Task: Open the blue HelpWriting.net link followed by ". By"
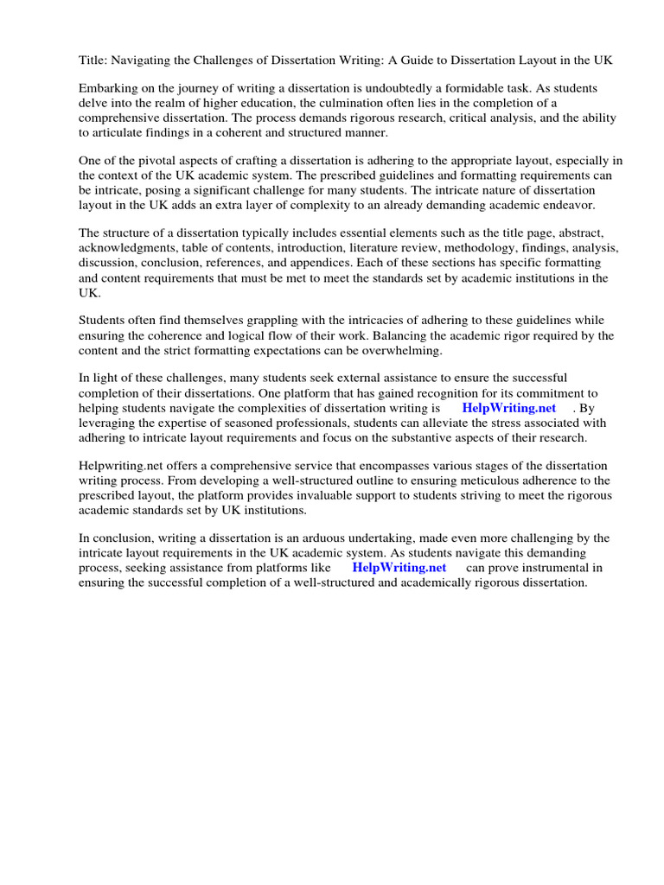click(x=508, y=408)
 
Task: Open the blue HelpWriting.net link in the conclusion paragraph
click(x=399, y=568)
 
